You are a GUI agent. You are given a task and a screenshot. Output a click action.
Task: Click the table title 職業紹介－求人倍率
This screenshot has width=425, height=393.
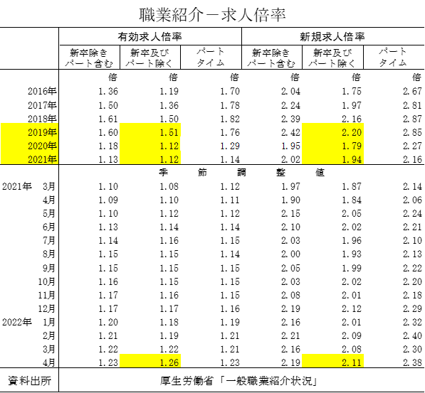pyautogui.click(x=212, y=15)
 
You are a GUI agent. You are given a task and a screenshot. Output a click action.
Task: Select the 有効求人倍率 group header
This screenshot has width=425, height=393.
pyautogui.click(x=150, y=36)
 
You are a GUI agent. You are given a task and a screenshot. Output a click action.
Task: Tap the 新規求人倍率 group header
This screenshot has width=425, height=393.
pyautogui.click(x=332, y=36)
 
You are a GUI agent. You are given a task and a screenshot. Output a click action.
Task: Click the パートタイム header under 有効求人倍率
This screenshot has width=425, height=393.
pyautogui.click(x=211, y=57)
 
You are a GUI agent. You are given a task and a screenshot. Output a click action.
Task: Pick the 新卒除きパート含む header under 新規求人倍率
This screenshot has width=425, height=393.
pyautogui.click(x=271, y=58)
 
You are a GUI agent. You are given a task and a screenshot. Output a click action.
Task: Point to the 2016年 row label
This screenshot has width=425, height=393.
pyautogui.click(x=42, y=91)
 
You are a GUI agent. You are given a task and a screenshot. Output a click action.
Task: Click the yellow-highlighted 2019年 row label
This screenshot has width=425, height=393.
pyautogui.click(x=42, y=132)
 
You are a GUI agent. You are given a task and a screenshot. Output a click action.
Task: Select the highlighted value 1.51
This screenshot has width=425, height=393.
pyautogui.click(x=169, y=132)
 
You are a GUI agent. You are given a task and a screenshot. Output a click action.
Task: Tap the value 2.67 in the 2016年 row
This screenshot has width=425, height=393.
pyautogui.click(x=412, y=91)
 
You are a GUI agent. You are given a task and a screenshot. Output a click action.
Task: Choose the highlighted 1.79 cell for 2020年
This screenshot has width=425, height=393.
pyautogui.click(x=352, y=146)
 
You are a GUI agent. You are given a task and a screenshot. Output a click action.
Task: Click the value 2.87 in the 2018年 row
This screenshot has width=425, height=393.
pyautogui.click(x=412, y=119)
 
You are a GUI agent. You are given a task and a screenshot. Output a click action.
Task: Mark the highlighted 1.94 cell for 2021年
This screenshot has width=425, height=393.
pyautogui.click(x=352, y=159)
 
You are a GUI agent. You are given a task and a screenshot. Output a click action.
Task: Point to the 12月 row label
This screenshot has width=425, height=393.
pyautogui.click(x=46, y=308)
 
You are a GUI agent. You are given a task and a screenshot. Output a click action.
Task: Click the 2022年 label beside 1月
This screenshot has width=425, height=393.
pyautogui.click(x=17, y=322)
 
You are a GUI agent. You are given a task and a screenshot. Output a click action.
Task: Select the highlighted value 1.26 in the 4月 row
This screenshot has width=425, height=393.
pyautogui.click(x=169, y=362)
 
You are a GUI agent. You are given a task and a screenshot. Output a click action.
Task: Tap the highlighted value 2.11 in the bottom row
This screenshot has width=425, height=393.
pyautogui.click(x=352, y=362)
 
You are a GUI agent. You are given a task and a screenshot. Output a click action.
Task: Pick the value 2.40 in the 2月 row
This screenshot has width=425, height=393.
pyautogui.click(x=412, y=335)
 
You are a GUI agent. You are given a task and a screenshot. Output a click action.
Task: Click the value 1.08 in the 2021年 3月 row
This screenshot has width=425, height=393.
pyautogui.click(x=169, y=186)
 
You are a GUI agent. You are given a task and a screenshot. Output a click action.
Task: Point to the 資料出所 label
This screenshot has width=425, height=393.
pyautogui.click(x=29, y=381)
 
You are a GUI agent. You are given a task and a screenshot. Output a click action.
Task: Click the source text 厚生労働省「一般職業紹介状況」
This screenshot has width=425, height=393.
pyautogui.click(x=238, y=381)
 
